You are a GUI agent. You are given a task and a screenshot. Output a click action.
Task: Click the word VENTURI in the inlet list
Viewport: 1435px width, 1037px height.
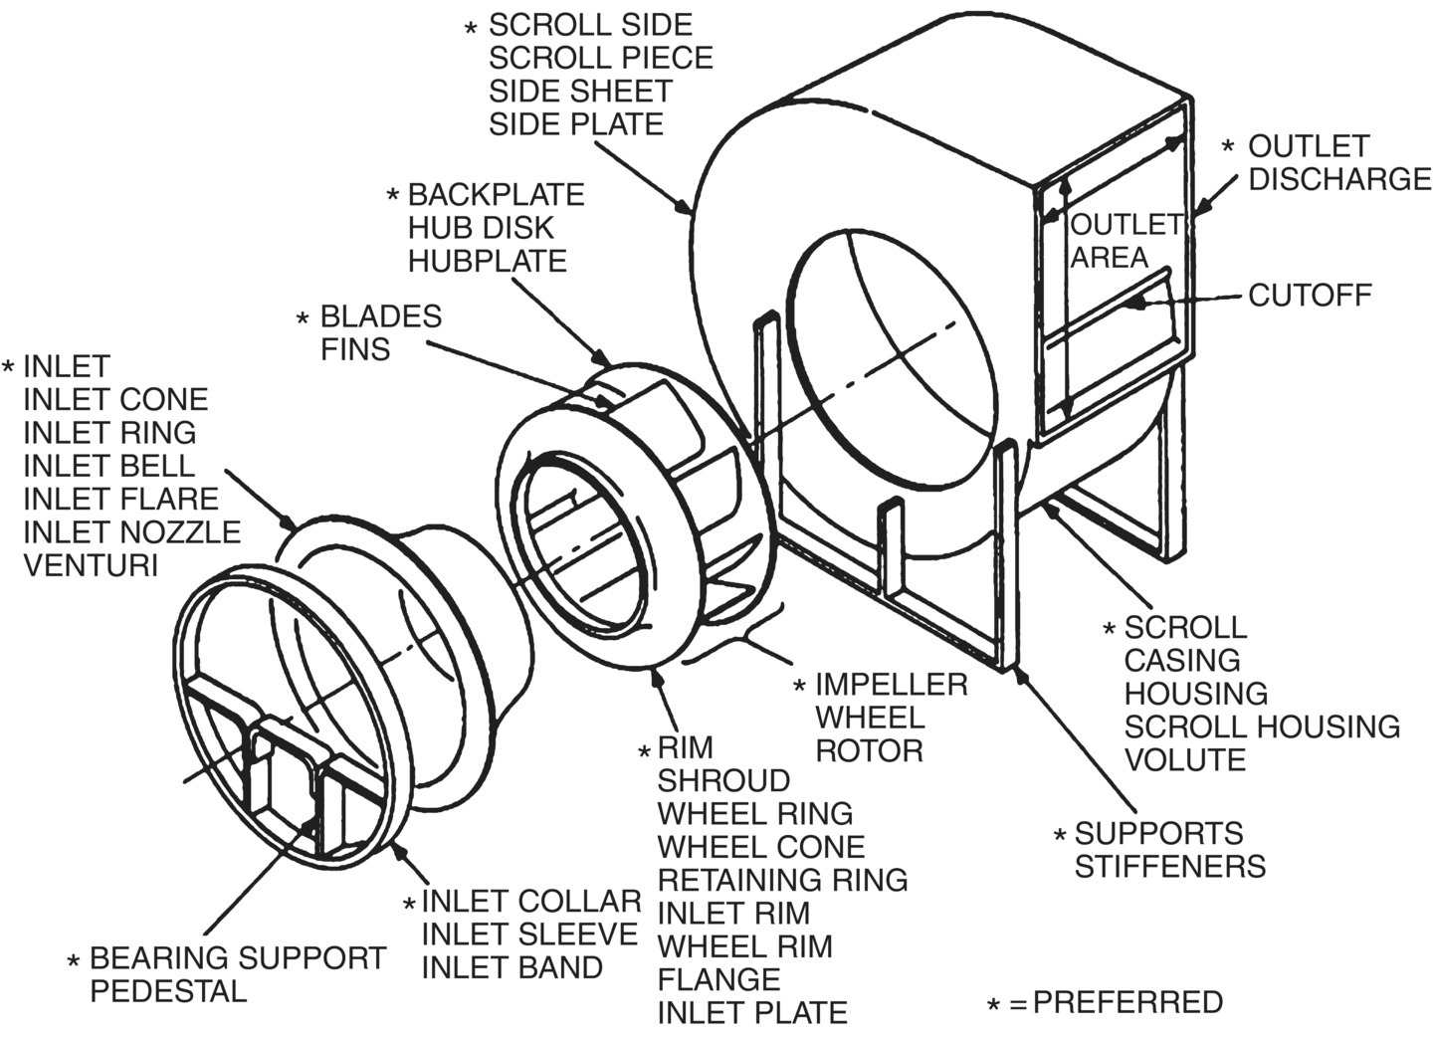(x=91, y=564)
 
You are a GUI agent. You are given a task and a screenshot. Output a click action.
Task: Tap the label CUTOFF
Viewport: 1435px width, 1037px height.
(x=1310, y=295)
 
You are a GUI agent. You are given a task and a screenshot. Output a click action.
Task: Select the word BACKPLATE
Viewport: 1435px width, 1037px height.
(x=496, y=194)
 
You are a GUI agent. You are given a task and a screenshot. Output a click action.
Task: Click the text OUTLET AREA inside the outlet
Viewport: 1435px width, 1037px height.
(x=1125, y=241)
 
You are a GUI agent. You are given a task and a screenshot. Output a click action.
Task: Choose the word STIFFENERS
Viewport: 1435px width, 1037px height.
(x=1169, y=866)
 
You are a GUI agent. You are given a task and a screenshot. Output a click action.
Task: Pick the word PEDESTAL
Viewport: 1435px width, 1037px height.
(x=168, y=991)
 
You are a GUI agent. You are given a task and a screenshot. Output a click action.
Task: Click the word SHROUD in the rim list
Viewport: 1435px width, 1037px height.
(x=723, y=780)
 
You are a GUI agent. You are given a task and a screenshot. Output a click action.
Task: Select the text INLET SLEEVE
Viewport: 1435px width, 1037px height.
(x=529, y=934)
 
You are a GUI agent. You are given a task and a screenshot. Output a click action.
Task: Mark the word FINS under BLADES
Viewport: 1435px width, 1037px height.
(x=354, y=349)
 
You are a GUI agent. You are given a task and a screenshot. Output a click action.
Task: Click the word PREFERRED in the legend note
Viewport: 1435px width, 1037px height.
(x=1127, y=1001)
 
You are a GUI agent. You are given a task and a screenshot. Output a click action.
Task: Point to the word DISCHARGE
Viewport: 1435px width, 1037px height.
(x=1339, y=178)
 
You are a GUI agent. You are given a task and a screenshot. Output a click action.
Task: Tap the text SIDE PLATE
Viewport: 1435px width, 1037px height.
(x=575, y=124)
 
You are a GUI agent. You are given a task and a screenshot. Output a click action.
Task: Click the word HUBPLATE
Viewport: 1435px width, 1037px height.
(x=487, y=261)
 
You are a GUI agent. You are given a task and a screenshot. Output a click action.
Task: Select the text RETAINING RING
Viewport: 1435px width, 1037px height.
(x=782, y=880)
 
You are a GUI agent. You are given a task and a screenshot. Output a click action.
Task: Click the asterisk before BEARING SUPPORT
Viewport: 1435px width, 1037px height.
(x=73, y=962)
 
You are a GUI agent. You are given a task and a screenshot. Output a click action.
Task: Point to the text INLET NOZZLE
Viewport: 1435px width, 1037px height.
(x=131, y=531)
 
